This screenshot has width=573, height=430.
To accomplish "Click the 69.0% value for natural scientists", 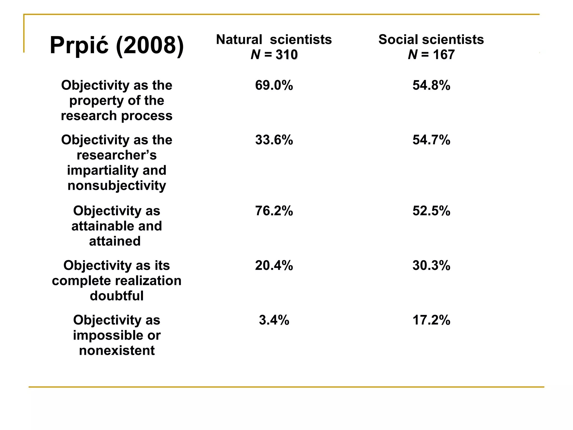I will click(x=274, y=85).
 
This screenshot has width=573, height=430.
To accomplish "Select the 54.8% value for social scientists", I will click(x=431, y=85).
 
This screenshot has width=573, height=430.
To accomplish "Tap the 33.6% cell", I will click(x=274, y=140).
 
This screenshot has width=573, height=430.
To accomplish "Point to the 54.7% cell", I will click(x=431, y=140).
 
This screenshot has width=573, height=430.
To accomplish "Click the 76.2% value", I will click(x=274, y=211).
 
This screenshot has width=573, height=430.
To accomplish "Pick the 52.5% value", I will click(x=431, y=211).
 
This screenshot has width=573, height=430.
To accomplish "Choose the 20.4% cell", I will click(x=274, y=265).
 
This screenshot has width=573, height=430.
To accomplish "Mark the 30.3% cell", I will click(x=431, y=265).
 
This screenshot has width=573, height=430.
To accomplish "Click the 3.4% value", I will click(x=274, y=320).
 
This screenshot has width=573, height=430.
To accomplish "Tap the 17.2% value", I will click(x=431, y=320).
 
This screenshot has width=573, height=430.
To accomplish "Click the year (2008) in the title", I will click(x=150, y=45).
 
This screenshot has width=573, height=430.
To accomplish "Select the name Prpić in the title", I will click(x=79, y=45).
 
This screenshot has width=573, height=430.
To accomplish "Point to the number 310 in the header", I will click(x=286, y=55).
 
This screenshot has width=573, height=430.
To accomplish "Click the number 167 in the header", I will click(x=444, y=55).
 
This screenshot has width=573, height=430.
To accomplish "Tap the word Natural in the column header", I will click(x=239, y=39).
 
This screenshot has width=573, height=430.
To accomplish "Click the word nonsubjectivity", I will click(x=117, y=186).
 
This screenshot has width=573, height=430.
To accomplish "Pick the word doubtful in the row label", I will click(x=117, y=296).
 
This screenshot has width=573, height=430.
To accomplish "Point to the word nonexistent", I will click(x=117, y=350).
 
